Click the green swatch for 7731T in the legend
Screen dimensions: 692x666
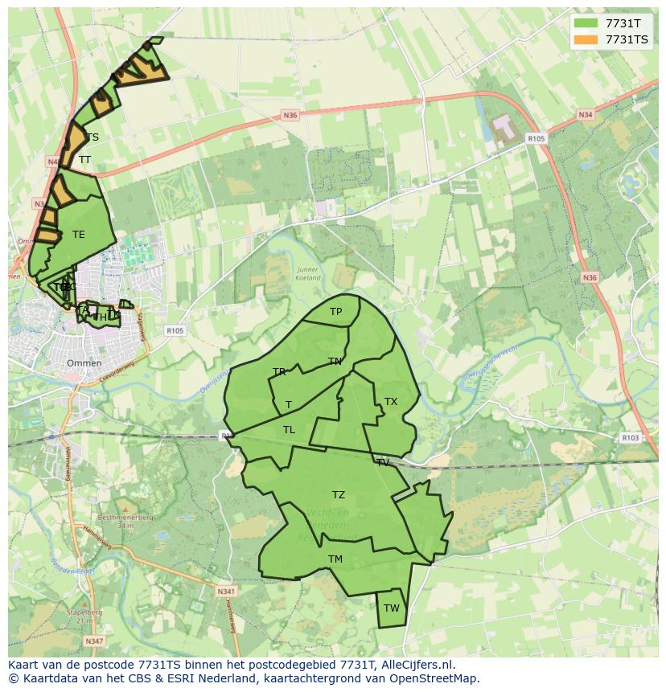tap(586, 23)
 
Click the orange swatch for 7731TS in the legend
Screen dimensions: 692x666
tap(586, 39)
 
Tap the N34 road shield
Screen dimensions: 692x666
tap(585, 116)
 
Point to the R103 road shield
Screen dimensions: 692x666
tap(630, 438)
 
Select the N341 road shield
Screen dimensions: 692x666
tap(226, 592)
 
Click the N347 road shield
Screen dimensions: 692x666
tap(95, 641)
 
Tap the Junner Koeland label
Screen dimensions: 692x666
tap(308, 274)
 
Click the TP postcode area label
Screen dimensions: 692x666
tap(335, 312)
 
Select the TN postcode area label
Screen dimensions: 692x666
tap(335, 362)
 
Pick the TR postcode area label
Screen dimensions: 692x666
tap(279, 372)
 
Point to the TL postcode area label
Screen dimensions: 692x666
tap(289, 430)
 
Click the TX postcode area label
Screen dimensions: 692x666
tap(391, 402)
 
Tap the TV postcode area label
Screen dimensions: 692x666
tap(383, 462)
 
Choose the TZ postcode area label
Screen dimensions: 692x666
tap(339, 495)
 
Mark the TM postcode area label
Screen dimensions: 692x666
tap(335, 559)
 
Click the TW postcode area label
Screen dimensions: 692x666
tap(391, 608)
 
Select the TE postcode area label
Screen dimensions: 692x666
tap(78, 235)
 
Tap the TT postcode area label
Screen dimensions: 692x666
tap(84, 160)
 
